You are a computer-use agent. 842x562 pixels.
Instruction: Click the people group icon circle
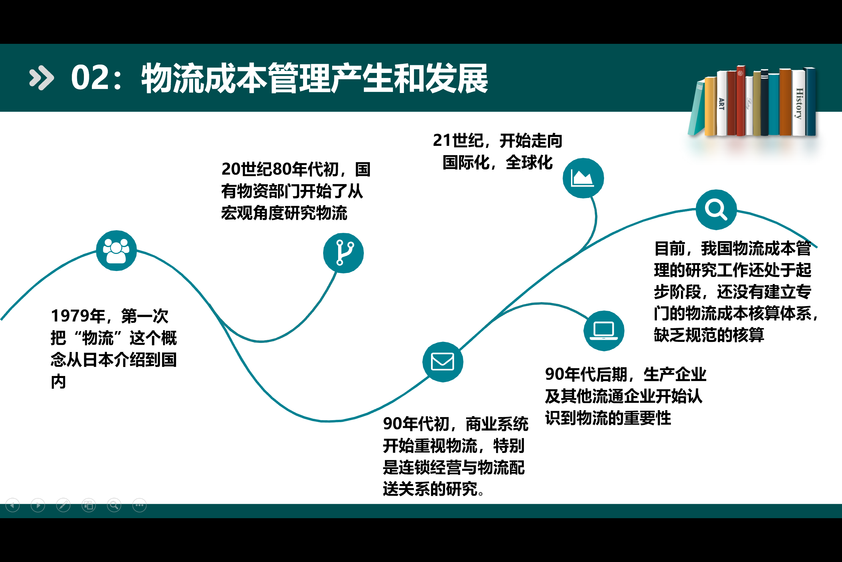point(116,251)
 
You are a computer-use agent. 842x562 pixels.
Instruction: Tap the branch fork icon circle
point(343,253)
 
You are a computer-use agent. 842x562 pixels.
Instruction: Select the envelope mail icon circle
point(442,362)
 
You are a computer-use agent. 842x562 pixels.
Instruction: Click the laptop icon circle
point(604,331)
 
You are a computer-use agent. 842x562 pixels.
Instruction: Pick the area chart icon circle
point(583,178)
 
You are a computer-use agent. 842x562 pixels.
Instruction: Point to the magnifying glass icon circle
point(716,209)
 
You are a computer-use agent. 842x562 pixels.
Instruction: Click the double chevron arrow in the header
point(41,77)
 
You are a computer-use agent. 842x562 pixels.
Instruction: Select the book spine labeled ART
point(721,104)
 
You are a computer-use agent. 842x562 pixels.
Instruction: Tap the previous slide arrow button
point(13,505)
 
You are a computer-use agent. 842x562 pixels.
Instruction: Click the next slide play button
point(38,505)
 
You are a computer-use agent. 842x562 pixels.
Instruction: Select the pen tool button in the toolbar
point(63,505)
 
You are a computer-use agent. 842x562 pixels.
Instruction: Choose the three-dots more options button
point(139,505)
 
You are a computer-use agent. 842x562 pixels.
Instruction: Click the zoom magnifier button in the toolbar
point(114,505)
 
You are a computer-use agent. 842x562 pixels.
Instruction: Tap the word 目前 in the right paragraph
point(670,248)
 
